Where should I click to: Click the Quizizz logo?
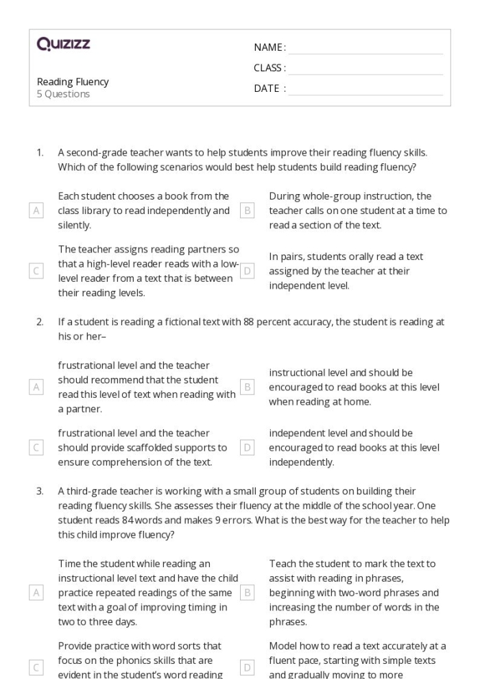(x=63, y=45)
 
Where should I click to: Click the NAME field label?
(x=269, y=47)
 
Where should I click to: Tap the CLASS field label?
(x=269, y=68)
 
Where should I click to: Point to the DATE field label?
(x=269, y=88)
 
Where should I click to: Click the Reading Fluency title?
(x=73, y=82)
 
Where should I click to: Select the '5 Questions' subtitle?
(x=63, y=94)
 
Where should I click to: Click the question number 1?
(x=40, y=153)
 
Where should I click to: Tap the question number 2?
(x=40, y=321)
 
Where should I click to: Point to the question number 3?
(x=40, y=490)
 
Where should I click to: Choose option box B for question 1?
(x=248, y=211)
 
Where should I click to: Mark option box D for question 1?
(x=248, y=271)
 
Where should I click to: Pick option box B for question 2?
(x=248, y=387)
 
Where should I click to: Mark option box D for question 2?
(x=248, y=447)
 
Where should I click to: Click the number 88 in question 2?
(x=249, y=321)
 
